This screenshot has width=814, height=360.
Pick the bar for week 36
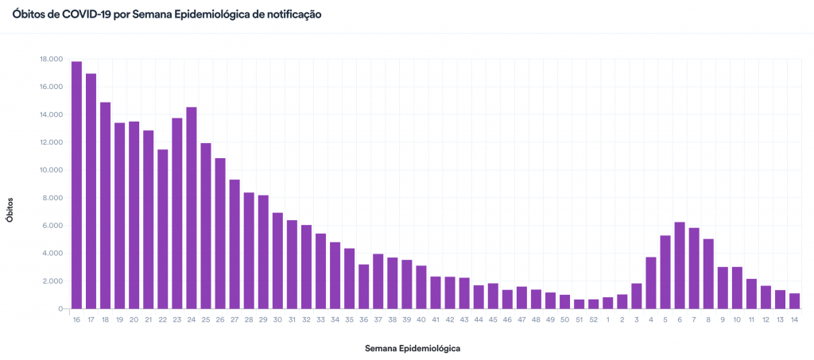tap(363, 287)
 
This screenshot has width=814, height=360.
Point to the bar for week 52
tap(593, 304)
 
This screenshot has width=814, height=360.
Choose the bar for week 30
tap(277, 261)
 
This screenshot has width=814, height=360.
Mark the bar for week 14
tap(794, 301)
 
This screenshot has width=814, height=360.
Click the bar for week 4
tap(651, 283)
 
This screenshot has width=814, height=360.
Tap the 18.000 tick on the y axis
tap(51, 59)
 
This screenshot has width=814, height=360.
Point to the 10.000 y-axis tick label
tap(51, 170)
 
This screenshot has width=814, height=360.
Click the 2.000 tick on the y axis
tap(52, 281)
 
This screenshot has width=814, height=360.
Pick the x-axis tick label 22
tap(162, 319)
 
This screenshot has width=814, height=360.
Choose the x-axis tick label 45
tap(493, 319)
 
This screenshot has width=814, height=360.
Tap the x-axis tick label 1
tap(607, 319)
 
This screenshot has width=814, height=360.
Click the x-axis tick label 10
tap(737, 319)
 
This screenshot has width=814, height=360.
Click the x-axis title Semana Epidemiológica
tap(413, 348)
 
